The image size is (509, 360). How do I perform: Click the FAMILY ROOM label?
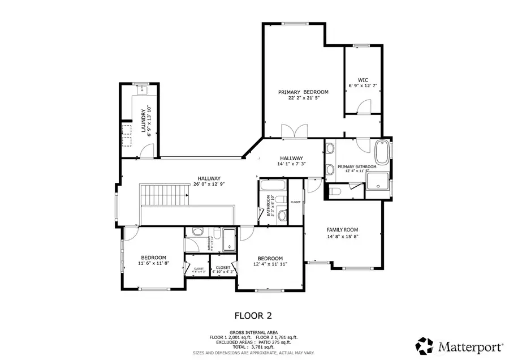[343, 229]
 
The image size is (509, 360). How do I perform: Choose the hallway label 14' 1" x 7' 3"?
[291, 164]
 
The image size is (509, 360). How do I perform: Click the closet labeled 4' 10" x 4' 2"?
[223, 269]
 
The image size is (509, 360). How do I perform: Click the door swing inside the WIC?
[364, 106]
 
